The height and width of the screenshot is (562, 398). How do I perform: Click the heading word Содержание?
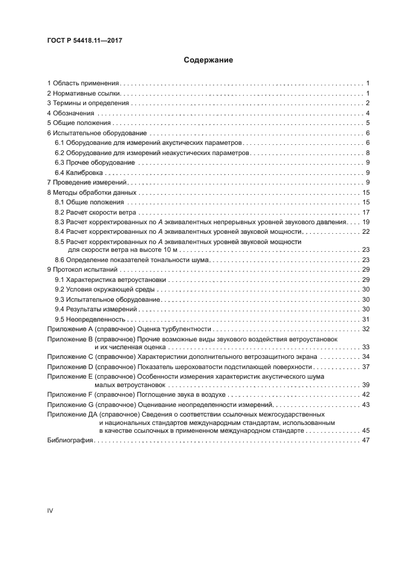point(208,60)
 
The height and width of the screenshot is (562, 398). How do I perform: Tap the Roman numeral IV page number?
point(50,510)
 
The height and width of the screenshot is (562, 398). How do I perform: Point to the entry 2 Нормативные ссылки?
point(84,94)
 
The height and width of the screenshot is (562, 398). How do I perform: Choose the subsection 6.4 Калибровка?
point(76,172)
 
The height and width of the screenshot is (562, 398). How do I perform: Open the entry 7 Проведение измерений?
point(86,182)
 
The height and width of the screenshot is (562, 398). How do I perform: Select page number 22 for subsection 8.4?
point(365,231)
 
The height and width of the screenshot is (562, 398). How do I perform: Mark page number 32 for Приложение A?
point(365,329)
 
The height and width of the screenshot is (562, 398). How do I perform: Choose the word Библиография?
point(69,441)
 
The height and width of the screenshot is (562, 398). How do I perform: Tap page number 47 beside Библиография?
point(365,441)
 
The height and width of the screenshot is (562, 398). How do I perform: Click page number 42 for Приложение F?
point(365,395)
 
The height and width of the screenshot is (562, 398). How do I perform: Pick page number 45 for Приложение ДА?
point(365,430)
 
